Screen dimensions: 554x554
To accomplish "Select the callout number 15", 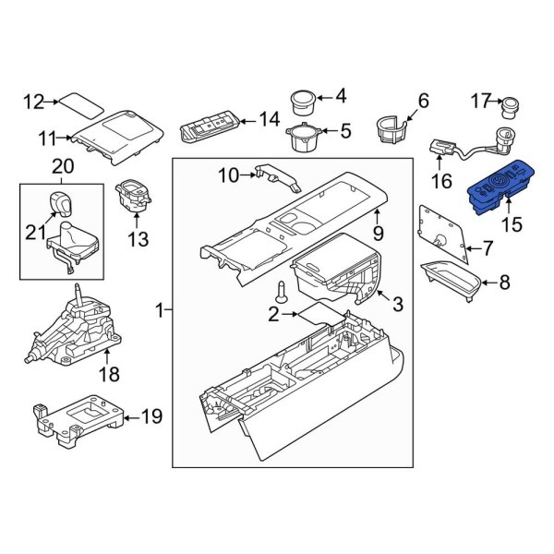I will click(511, 224).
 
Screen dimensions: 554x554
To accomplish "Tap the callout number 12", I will click(33, 102).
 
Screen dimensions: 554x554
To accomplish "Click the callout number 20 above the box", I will click(63, 166).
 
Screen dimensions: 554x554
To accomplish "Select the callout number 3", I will click(397, 305).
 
